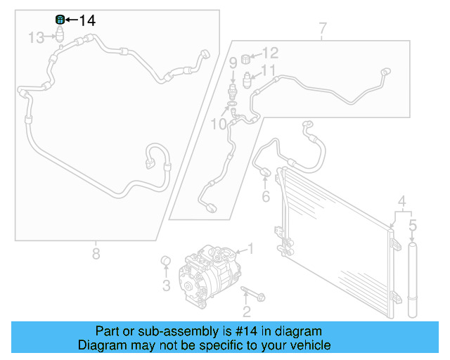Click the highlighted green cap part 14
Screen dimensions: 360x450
point(60,19)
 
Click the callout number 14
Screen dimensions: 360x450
point(86,20)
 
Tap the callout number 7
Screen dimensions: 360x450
point(323,29)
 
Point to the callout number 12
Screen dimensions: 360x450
point(270,53)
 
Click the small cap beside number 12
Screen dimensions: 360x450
point(247,57)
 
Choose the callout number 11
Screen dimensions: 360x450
point(269,70)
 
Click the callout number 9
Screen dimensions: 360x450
point(233,63)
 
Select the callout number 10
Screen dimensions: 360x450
point(218,124)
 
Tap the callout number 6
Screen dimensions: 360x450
point(266,197)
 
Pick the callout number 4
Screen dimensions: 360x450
point(402,201)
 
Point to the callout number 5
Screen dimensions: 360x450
point(413,226)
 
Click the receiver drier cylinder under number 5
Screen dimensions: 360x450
point(413,281)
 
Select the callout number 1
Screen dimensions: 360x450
point(250,249)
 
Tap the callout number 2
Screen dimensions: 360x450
point(246,311)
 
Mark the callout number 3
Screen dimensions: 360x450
point(167,285)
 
